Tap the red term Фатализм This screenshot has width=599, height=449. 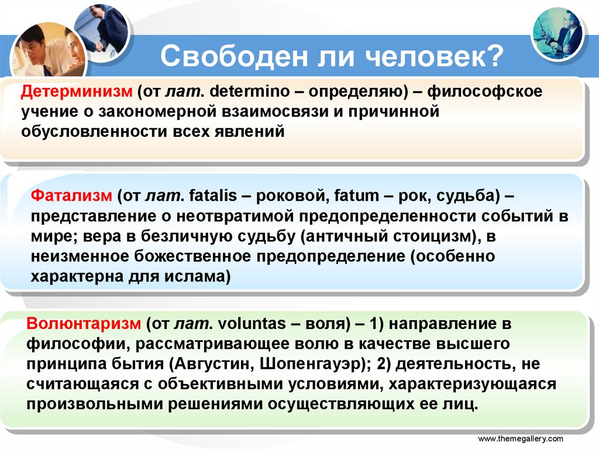[x=70, y=196]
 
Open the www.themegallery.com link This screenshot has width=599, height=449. [x=521, y=438]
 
